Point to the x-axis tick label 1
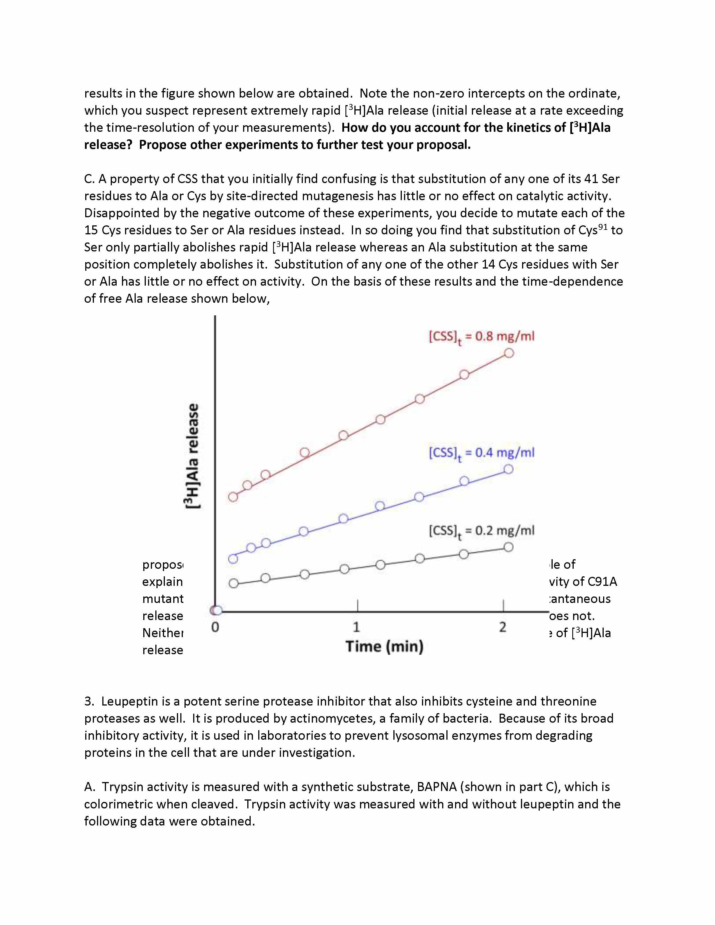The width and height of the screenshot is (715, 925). click(356, 626)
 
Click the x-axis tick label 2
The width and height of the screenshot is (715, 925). click(503, 626)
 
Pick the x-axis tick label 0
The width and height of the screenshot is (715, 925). click(215, 627)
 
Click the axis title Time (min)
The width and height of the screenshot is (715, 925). click(384, 646)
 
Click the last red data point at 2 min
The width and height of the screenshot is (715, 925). click(509, 353)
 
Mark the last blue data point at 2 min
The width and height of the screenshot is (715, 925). click(508, 469)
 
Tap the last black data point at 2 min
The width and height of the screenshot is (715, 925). click(508, 547)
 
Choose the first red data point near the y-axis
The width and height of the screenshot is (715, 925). click(233, 497)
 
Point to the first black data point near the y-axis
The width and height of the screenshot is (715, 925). click(233, 583)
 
